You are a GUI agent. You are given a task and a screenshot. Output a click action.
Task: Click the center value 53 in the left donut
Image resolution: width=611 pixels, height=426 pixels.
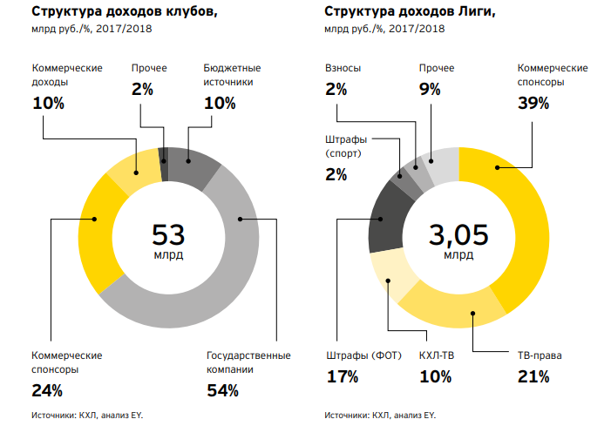pos(169,235)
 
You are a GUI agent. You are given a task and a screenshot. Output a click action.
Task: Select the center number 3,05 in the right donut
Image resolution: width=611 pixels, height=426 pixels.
pos(458,235)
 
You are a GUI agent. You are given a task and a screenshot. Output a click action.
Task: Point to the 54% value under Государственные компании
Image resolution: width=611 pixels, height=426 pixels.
pos(222,390)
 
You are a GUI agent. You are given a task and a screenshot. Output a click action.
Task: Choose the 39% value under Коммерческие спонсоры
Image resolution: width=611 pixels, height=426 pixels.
pos(533,104)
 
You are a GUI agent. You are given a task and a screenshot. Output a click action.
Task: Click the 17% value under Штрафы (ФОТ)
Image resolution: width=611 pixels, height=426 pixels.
pos(343,376)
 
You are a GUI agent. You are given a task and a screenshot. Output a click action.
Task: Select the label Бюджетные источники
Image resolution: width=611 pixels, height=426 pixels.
pos(232,75)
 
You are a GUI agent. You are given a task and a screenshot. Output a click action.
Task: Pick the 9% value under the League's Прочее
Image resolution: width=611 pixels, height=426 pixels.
pos(430,88)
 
